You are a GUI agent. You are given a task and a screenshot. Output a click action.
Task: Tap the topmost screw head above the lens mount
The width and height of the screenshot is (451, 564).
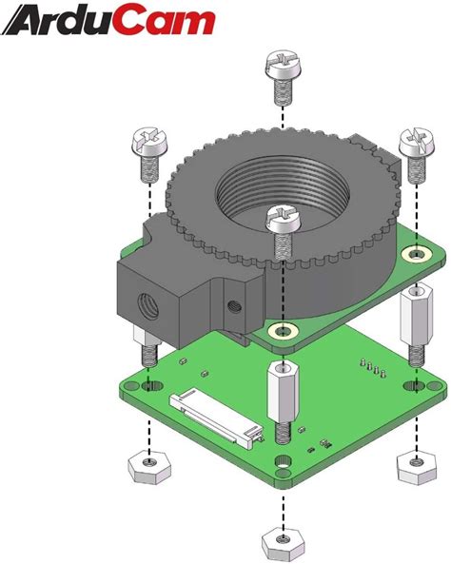283,71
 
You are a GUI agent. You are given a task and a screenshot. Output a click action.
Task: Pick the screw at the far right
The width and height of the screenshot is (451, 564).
417,145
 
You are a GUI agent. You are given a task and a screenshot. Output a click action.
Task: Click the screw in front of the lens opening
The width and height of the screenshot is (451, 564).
282,221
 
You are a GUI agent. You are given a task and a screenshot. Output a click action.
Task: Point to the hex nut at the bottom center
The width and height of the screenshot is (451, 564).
283,542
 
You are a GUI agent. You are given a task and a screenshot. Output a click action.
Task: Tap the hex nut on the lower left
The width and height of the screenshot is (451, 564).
147,466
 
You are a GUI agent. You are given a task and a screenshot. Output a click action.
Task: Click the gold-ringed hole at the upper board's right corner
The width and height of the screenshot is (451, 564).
416,254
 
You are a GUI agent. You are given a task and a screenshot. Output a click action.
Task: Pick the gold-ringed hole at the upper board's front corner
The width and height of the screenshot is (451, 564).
282,330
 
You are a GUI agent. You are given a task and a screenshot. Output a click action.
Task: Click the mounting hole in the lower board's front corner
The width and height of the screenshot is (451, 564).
283,464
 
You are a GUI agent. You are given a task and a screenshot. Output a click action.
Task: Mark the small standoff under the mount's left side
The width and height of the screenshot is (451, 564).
148,347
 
